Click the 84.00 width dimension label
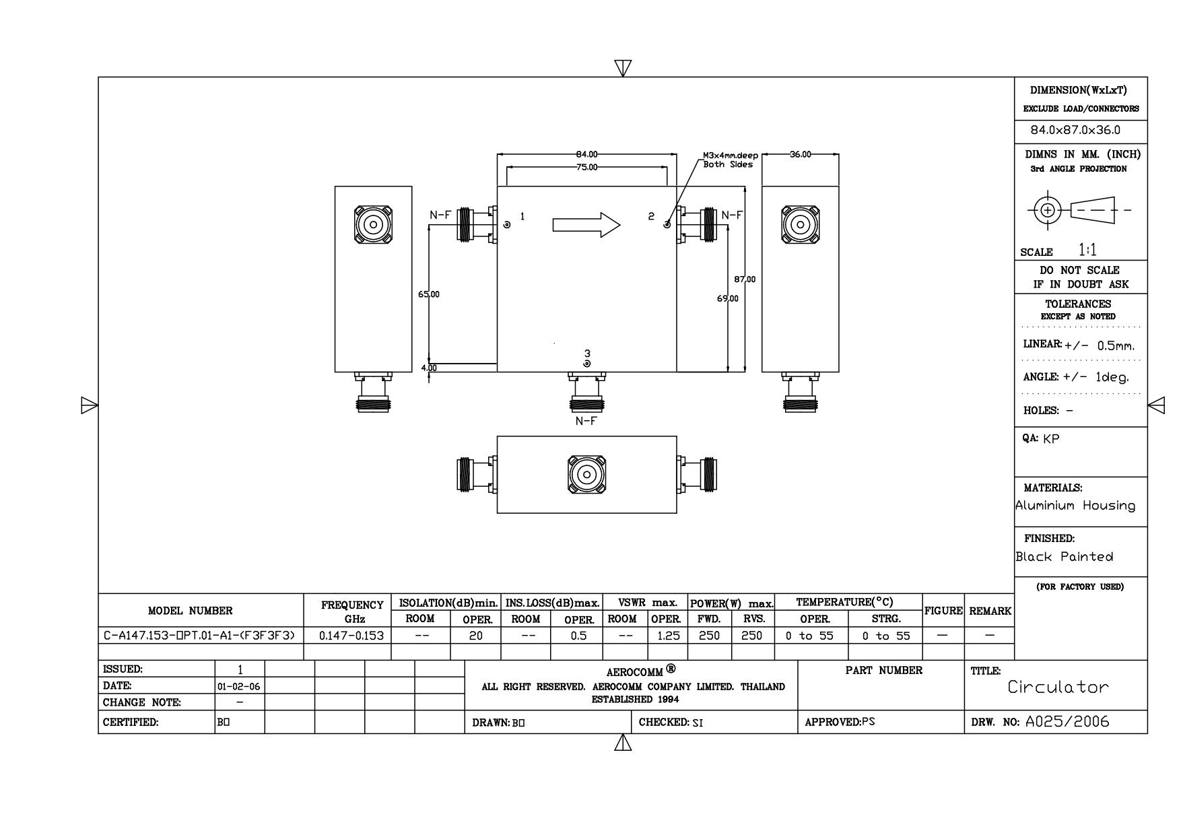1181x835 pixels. click(x=586, y=155)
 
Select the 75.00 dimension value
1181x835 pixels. click(x=586, y=167)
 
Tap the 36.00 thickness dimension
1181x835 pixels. click(x=800, y=154)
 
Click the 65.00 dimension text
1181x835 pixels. click(x=429, y=294)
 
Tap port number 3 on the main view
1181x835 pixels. click(x=587, y=353)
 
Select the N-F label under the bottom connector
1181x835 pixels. click(x=586, y=421)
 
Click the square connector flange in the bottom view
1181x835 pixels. click(x=586, y=475)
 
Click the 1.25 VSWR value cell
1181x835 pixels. click(x=667, y=636)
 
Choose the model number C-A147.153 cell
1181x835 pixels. click(x=200, y=636)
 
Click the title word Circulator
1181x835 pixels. click(x=1057, y=687)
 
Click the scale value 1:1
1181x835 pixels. click(x=1087, y=250)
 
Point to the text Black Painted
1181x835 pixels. click(x=1064, y=557)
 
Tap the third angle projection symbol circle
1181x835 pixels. click(x=1046, y=209)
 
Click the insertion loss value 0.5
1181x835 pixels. click(x=578, y=636)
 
